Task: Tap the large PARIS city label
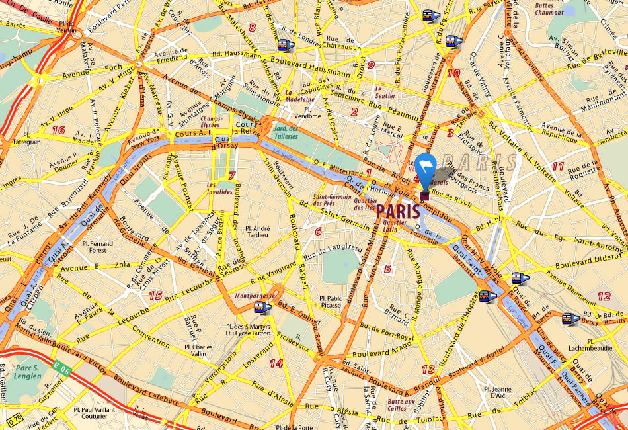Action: [x=397, y=211]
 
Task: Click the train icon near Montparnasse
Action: [x=261, y=308]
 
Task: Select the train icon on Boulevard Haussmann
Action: [x=286, y=45]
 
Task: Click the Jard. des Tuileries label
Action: [x=286, y=132]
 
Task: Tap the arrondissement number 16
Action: [x=58, y=130]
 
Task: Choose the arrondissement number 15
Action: [x=155, y=295]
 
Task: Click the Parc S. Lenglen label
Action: [x=28, y=371]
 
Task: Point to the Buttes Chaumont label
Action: [x=549, y=8]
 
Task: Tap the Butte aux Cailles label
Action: [x=401, y=404]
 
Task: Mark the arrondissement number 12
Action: [x=604, y=296]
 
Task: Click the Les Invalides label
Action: [x=219, y=188]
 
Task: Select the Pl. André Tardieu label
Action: [x=256, y=231]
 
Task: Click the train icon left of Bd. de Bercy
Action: [x=570, y=319]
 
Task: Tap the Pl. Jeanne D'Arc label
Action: [x=497, y=393]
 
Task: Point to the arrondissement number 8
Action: [x=252, y=28]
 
